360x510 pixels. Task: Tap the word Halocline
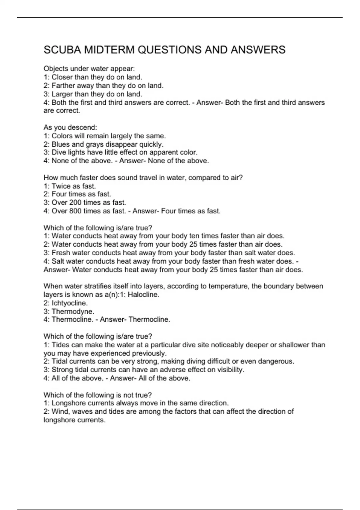point(143,295)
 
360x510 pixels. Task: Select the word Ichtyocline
point(70,303)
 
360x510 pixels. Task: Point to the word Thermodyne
point(73,311)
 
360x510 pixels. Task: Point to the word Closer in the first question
point(62,77)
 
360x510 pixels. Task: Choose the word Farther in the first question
point(63,85)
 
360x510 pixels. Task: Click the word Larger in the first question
point(62,94)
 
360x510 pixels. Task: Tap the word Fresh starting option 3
point(60,253)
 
